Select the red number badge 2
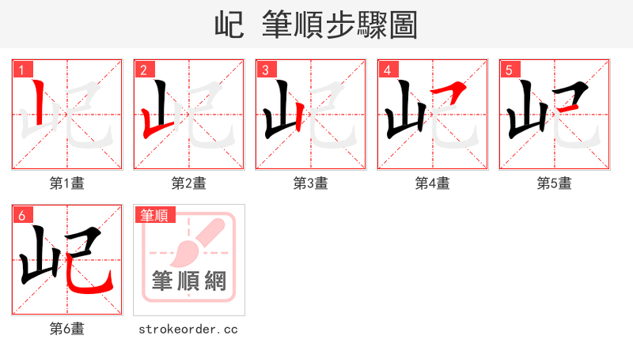143,70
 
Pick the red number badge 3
265,70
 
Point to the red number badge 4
387,70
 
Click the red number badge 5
509,70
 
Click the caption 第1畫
67,183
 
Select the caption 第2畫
189,183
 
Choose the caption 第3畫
311,183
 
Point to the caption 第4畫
433,183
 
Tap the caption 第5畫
555,183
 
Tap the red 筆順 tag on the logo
155,215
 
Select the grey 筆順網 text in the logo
189,281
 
